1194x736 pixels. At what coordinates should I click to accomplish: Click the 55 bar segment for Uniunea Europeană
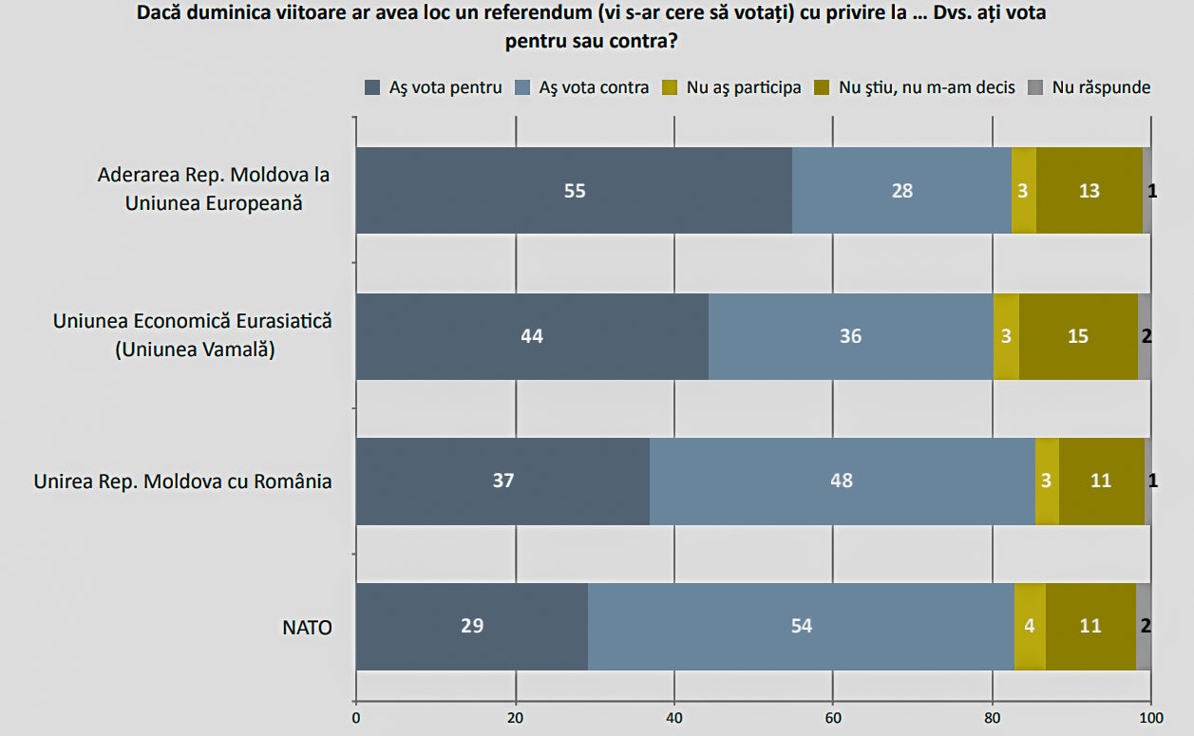574,190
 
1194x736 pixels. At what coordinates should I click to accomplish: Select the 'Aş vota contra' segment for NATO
801,626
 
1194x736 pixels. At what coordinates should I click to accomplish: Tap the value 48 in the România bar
842,481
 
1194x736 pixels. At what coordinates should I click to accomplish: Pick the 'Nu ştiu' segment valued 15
1078,336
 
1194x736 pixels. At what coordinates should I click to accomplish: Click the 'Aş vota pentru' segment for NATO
472,626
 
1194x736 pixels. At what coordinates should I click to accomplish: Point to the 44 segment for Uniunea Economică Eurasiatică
532,336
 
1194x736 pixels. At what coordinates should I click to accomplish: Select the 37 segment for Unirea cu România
503,481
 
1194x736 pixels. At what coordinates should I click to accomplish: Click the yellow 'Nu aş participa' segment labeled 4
1030,626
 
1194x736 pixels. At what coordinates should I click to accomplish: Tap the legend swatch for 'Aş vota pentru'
373,87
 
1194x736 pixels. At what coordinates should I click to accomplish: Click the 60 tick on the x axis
833,718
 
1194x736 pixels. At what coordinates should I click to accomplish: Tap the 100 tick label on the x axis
1150,718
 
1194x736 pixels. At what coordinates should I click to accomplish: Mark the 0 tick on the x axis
356,718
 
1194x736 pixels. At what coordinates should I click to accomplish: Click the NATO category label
307,627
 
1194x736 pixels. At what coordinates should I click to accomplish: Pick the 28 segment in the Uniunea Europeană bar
901,190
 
